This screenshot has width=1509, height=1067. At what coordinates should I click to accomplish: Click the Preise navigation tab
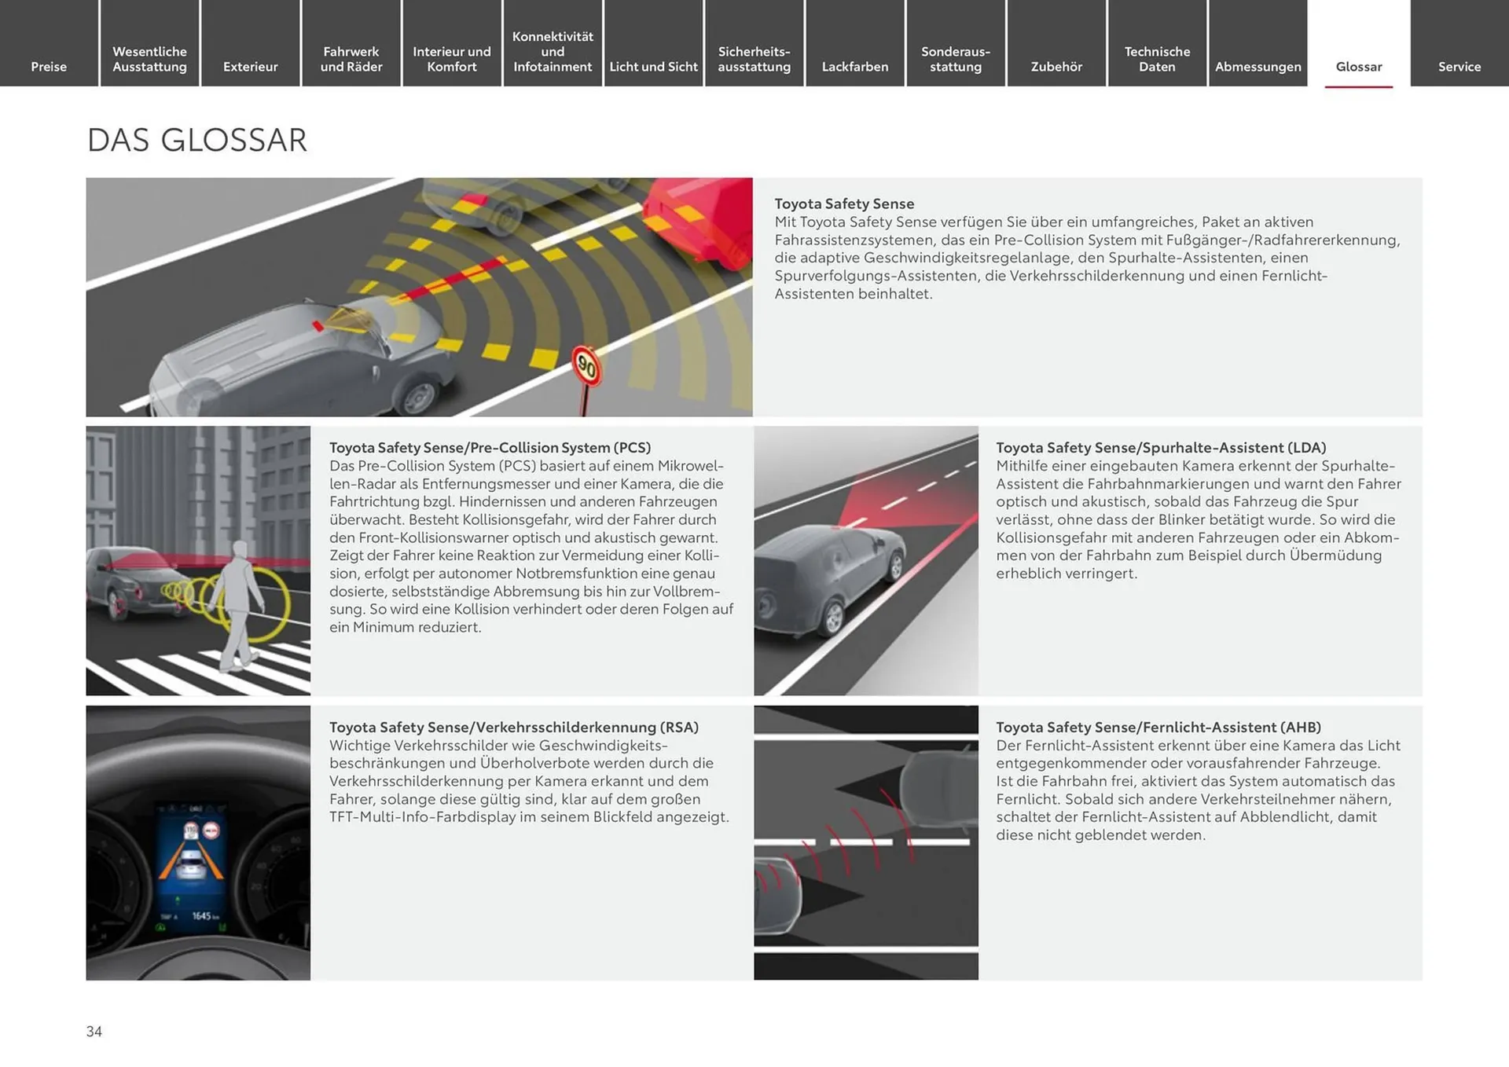[x=49, y=67]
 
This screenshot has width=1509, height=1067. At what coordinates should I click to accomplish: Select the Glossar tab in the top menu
[x=1359, y=67]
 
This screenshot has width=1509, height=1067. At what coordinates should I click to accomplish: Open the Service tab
[x=1459, y=67]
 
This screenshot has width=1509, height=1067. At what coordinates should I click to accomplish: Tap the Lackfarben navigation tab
[x=855, y=67]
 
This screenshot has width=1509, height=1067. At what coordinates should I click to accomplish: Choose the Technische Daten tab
[x=1157, y=59]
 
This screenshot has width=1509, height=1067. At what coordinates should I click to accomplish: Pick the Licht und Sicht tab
[x=653, y=67]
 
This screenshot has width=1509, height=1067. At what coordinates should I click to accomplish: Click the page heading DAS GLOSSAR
[x=196, y=140]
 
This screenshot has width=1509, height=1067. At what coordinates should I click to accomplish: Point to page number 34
[x=94, y=1031]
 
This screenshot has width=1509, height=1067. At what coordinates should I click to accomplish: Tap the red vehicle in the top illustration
[x=698, y=220]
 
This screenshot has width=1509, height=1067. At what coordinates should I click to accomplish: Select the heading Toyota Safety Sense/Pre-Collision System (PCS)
[x=490, y=448]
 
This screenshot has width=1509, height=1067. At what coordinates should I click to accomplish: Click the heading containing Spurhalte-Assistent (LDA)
[x=1161, y=448]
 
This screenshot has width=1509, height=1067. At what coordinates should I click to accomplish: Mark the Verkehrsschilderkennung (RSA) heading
[x=514, y=728]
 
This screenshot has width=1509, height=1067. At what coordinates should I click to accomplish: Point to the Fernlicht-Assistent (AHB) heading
[x=1158, y=728]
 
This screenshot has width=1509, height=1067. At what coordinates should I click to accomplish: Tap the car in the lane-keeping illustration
[x=830, y=577]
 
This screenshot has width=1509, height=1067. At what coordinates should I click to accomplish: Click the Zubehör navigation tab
[x=1056, y=67]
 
